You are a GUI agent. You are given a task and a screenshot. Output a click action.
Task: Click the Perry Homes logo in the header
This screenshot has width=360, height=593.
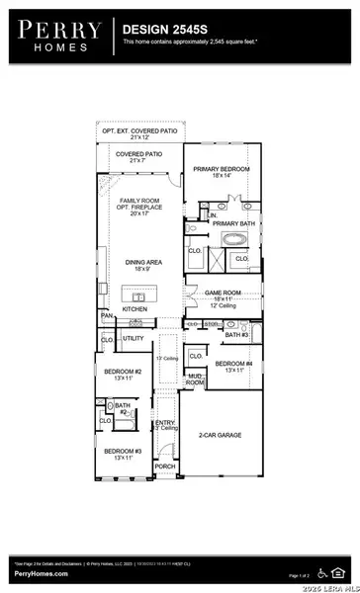click(54, 37)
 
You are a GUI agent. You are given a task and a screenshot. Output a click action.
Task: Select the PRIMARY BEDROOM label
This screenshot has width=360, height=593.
click(222, 169)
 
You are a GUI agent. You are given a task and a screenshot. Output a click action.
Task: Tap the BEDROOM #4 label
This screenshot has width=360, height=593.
click(234, 364)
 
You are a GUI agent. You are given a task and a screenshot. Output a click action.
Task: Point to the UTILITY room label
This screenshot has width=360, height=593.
click(134, 338)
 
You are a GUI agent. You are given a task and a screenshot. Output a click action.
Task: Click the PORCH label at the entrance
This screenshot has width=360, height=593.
click(164, 466)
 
